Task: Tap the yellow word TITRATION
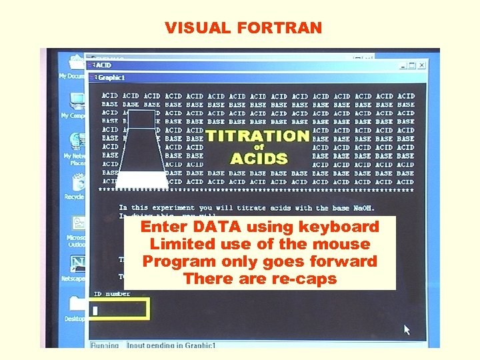tap(257, 136)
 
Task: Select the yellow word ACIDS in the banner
tap(259, 159)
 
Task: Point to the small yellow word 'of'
tap(259, 147)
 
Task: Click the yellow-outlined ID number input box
tap(119, 309)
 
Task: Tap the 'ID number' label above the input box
tap(111, 293)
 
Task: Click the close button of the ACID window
tap(422, 65)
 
